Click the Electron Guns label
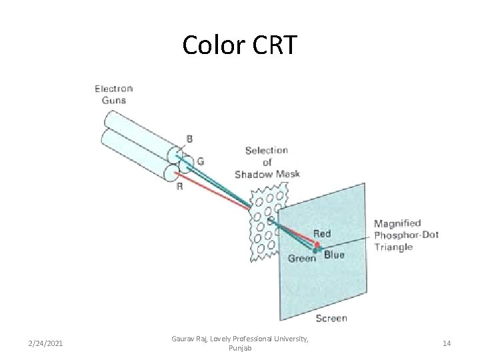(x=113, y=94)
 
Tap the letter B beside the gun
(x=189, y=139)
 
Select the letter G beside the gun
(x=200, y=160)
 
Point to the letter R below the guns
(x=179, y=187)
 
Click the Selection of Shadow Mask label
(x=267, y=162)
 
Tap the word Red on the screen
(x=321, y=234)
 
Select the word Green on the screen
(x=301, y=257)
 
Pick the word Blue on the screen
(x=334, y=255)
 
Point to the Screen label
(x=331, y=318)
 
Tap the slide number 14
(x=446, y=343)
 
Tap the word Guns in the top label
(x=113, y=100)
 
